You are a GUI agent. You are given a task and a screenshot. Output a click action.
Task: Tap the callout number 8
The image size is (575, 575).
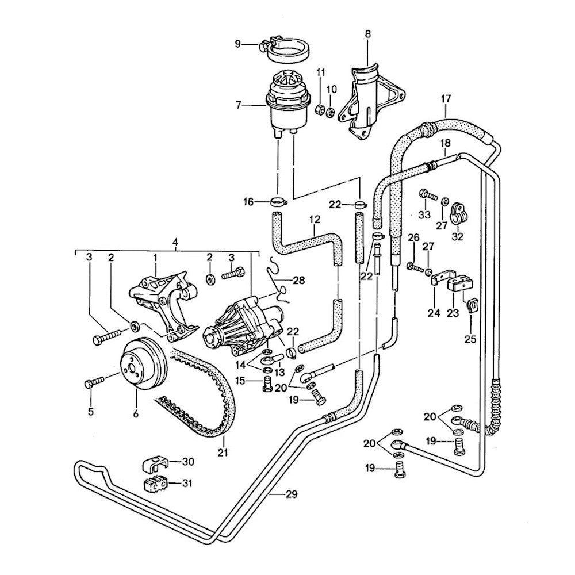pyautogui.click(x=367, y=34)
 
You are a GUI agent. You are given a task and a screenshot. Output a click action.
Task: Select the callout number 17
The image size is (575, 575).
pyautogui.click(x=446, y=98)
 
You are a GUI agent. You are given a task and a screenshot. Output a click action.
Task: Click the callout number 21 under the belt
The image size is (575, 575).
pyautogui.click(x=223, y=453)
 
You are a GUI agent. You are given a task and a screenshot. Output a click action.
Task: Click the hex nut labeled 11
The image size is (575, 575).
pyautogui.click(x=320, y=107)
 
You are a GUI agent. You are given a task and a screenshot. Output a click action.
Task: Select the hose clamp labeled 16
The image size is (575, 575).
pyautogui.click(x=277, y=202)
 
